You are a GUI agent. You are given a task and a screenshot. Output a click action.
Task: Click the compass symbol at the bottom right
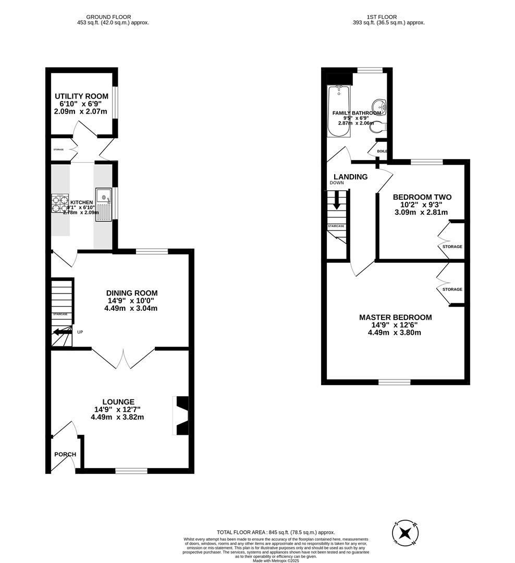(x=405, y=533)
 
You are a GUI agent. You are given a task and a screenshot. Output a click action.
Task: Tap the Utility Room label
(x=82, y=96)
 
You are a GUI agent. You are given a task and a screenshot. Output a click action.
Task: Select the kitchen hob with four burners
(x=60, y=203)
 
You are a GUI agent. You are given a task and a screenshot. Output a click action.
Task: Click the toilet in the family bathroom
(x=381, y=126)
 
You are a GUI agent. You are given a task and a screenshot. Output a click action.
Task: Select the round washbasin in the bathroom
(x=381, y=106)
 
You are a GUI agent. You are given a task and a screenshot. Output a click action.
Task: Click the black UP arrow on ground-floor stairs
(x=62, y=332)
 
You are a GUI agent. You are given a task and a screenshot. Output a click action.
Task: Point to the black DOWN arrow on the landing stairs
(x=337, y=201)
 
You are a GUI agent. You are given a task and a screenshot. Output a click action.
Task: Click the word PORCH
(x=65, y=454)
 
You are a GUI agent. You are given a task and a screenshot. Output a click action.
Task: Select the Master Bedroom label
(x=395, y=317)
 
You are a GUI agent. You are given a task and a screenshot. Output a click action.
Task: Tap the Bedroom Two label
(x=422, y=197)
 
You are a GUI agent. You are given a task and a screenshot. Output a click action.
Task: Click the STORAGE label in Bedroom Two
(x=452, y=247)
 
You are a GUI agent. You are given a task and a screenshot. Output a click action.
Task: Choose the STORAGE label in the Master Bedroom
(x=452, y=289)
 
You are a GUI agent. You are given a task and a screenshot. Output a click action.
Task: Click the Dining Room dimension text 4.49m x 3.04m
(x=131, y=308)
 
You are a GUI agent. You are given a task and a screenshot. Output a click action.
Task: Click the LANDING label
(x=351, y=177)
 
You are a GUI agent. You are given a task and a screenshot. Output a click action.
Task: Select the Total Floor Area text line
(x=276, y=532)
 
